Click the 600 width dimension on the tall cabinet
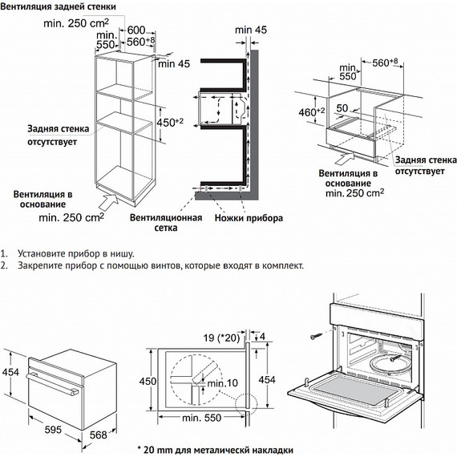(136, 30)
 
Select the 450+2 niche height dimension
(170, 123)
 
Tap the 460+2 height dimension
(312, 111)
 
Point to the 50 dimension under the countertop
(342, 108)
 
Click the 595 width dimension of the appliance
(53, 429)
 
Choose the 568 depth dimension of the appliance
(99, 435)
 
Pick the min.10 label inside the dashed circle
(222, 383)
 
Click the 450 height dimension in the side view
(148, 381)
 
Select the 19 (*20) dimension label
(221, 338)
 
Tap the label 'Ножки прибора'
(249, 218)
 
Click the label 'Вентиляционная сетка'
(166, 222)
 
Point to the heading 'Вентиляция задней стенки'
(58, 6)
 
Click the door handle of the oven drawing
(52, 384)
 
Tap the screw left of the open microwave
(317, 336)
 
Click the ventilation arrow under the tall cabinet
(109, 202)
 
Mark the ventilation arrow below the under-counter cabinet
(345, 158)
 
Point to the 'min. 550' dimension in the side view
(202, 418)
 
